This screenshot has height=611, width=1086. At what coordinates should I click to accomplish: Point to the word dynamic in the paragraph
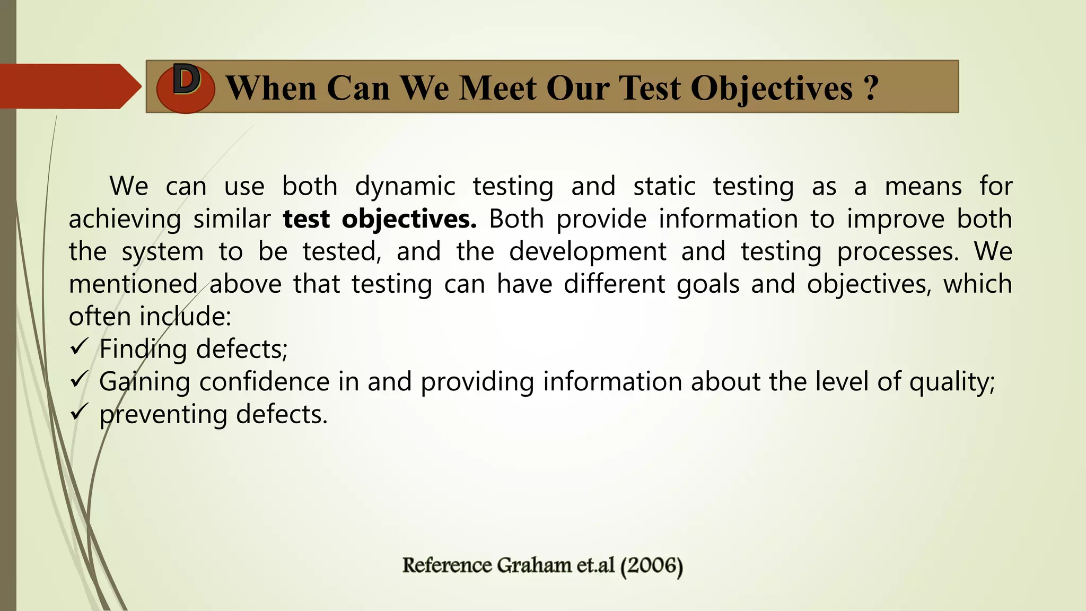(405, 187)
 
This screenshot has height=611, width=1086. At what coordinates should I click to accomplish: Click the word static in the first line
(664, 187)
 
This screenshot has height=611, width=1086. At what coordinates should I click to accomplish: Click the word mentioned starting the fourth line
(133, 284)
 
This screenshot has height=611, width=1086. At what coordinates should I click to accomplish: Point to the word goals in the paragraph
(708, 284)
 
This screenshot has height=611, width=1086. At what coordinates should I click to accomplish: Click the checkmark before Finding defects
(78, 347)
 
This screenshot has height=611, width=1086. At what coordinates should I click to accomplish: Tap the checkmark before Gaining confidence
(78, 380)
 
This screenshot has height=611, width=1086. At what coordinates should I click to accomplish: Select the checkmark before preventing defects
(78, 412)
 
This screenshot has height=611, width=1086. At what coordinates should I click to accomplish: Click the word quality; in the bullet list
(952, 382)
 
